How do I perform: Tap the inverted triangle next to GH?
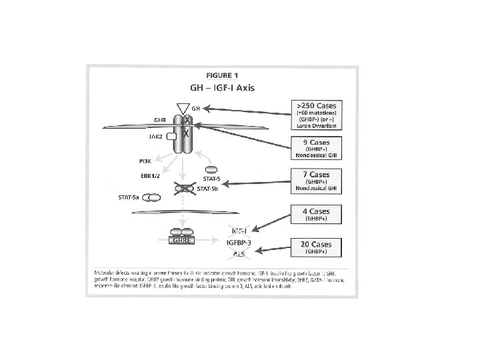click(x=181, y=107)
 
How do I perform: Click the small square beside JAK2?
click(x=171, y=136)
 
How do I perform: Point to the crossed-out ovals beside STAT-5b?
click(x=182, y=189)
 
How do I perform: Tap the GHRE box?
click(x=180, y=241)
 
